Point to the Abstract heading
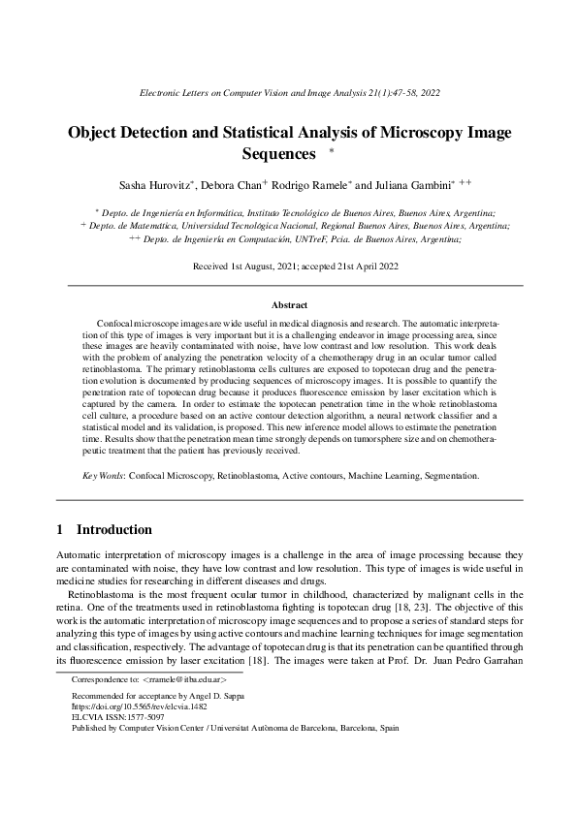pyautogui.click(x=288, y=304)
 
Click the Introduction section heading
pyautogui.click(x=113, y=529)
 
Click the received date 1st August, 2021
pyautogui.click(x=269, y=264)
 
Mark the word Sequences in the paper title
pyautogui.click(x=278, y=154)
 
